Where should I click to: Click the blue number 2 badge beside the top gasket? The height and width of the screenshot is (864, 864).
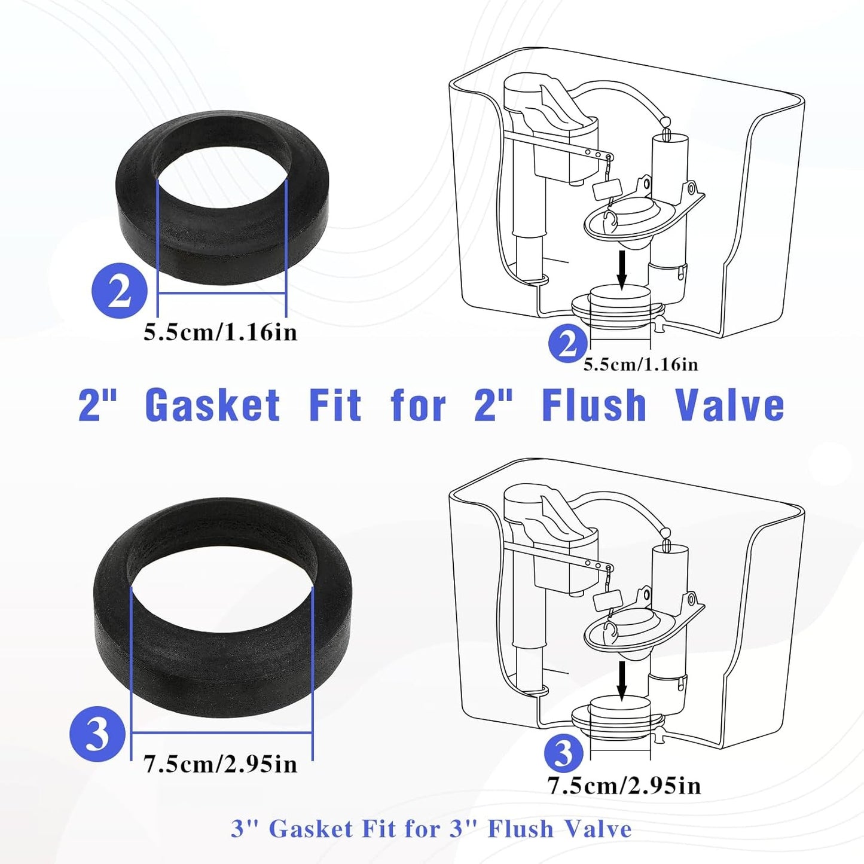pyautogui.click(x=120, y=290)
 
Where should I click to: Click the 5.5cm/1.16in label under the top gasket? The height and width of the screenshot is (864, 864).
pyautogui.click(x=220, y=333)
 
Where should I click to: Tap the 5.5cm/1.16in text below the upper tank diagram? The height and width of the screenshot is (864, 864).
pyautogui.click(x=641, y=364)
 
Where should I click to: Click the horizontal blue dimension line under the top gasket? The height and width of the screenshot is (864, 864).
pyautogui.click(x=221, y=293)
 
